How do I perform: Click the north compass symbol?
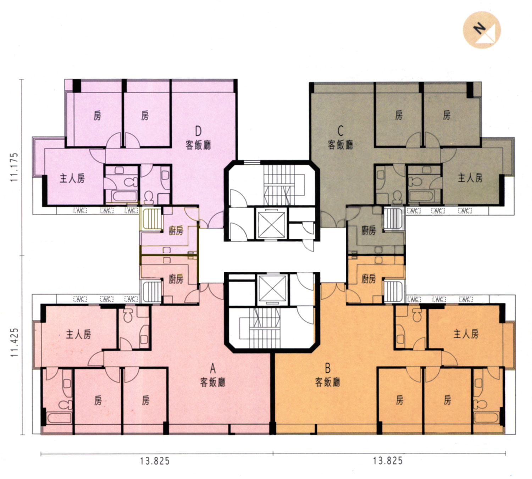[482, 30]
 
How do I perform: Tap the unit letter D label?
[198, 131]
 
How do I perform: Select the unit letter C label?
[340, 131]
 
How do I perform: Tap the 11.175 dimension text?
[14, 167]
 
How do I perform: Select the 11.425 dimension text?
[14, 342]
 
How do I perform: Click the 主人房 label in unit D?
[72, 178]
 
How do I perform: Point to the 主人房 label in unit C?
[470, 178]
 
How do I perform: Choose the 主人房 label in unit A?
[78, 334]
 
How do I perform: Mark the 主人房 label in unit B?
[466, 334]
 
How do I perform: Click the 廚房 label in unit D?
[176, 231]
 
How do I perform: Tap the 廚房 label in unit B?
[368, 278]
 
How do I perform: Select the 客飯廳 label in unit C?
[340, 145]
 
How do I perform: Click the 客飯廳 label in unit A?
[212, 382]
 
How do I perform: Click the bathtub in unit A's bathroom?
[59, 418]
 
